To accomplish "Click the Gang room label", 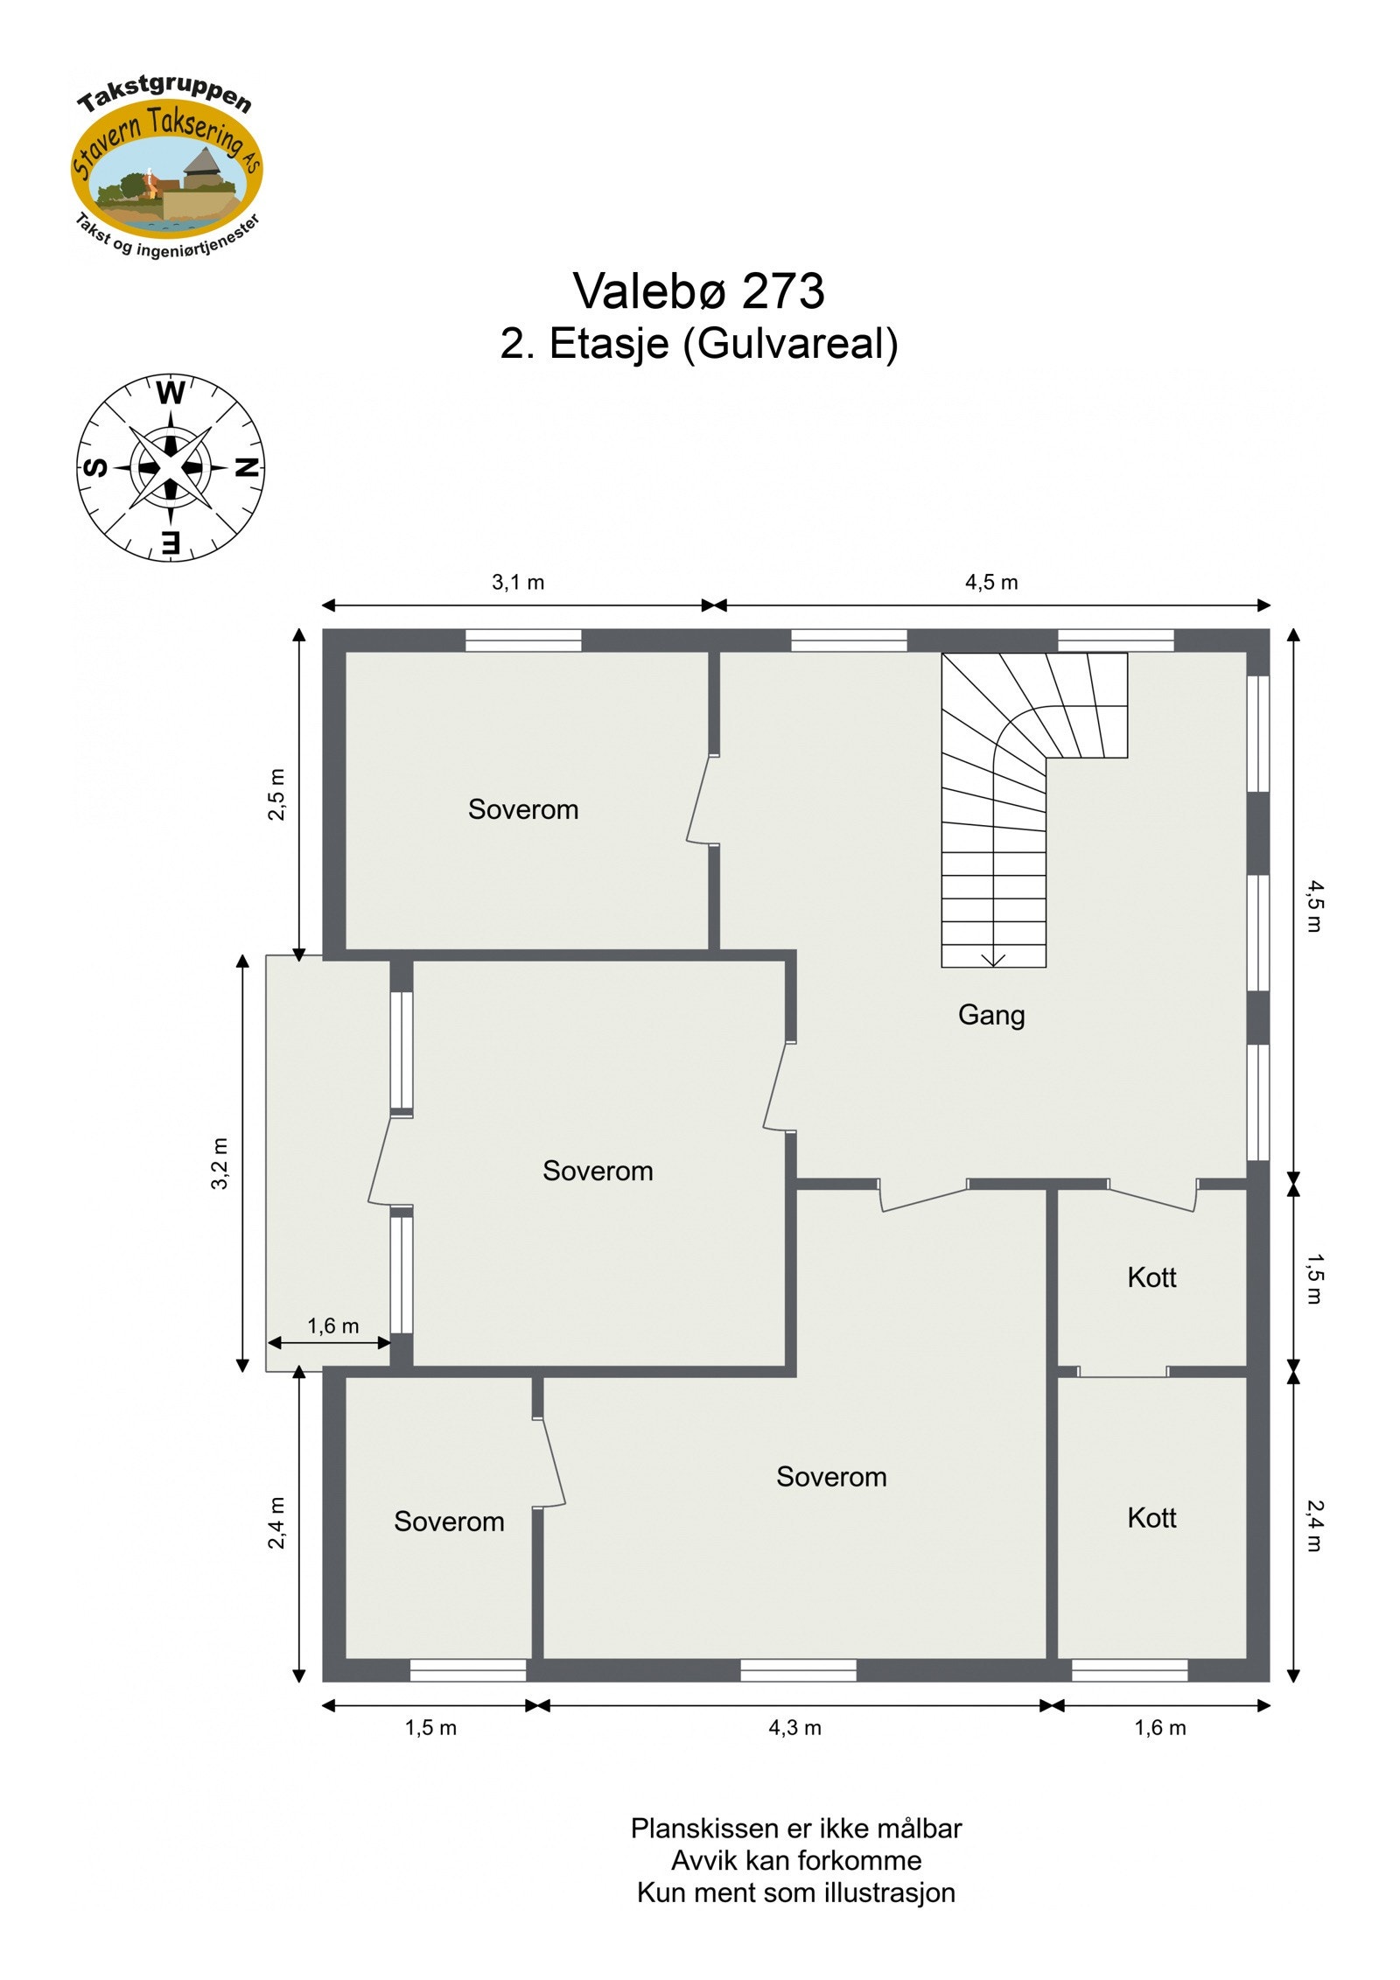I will pyautogui.click(x=990, y=1015).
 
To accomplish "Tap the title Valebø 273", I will pyautogui.click(x=698, y=290).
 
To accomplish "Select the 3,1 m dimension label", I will pyautogui.click(x=517, y=582).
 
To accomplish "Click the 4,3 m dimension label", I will pyautogui.click(x=794, y=1728).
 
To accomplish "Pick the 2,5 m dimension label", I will pyautogui.click(x=276, y=794).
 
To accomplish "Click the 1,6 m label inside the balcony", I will pyautogui.click(x=332, y=1326).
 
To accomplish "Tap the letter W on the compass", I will pyautogui.click(x=171, y=394).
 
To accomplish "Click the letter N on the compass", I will pyautogui.click(x=248, y=467).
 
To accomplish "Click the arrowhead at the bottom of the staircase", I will pyautogui.click(x=993, y=961).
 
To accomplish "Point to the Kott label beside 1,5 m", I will pyautogui.click(x=1151, y=1277).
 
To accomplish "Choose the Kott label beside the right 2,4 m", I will pyautogui.click(x=1151, y=1517).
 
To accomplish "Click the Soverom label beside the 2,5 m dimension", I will pyautogui.click(x=523, y=809).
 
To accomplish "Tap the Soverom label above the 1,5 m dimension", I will pyautogui.click(x=449, y=1522).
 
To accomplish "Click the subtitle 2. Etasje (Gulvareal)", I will pyautogui.click(x=698, y=344).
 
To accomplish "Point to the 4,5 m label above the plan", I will pyautogui.click(x=991, y=582).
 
